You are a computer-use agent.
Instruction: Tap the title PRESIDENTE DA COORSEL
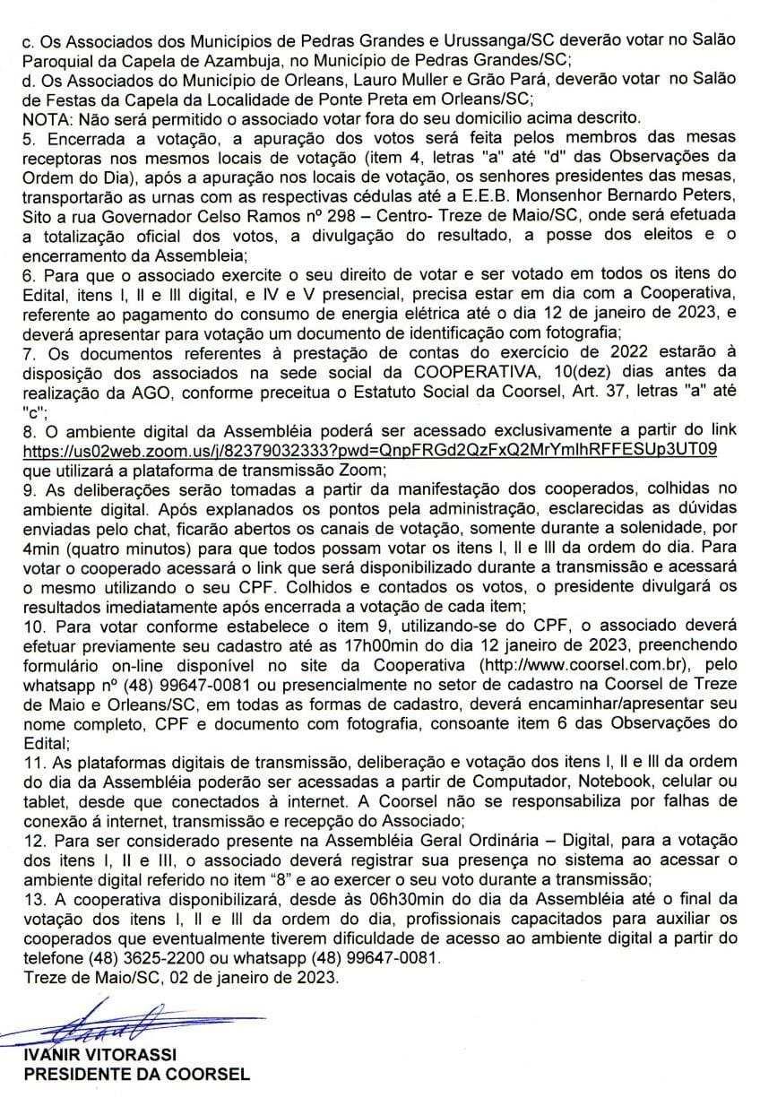[x=136, y=1074]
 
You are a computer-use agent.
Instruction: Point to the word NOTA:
[x=46, y=117]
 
